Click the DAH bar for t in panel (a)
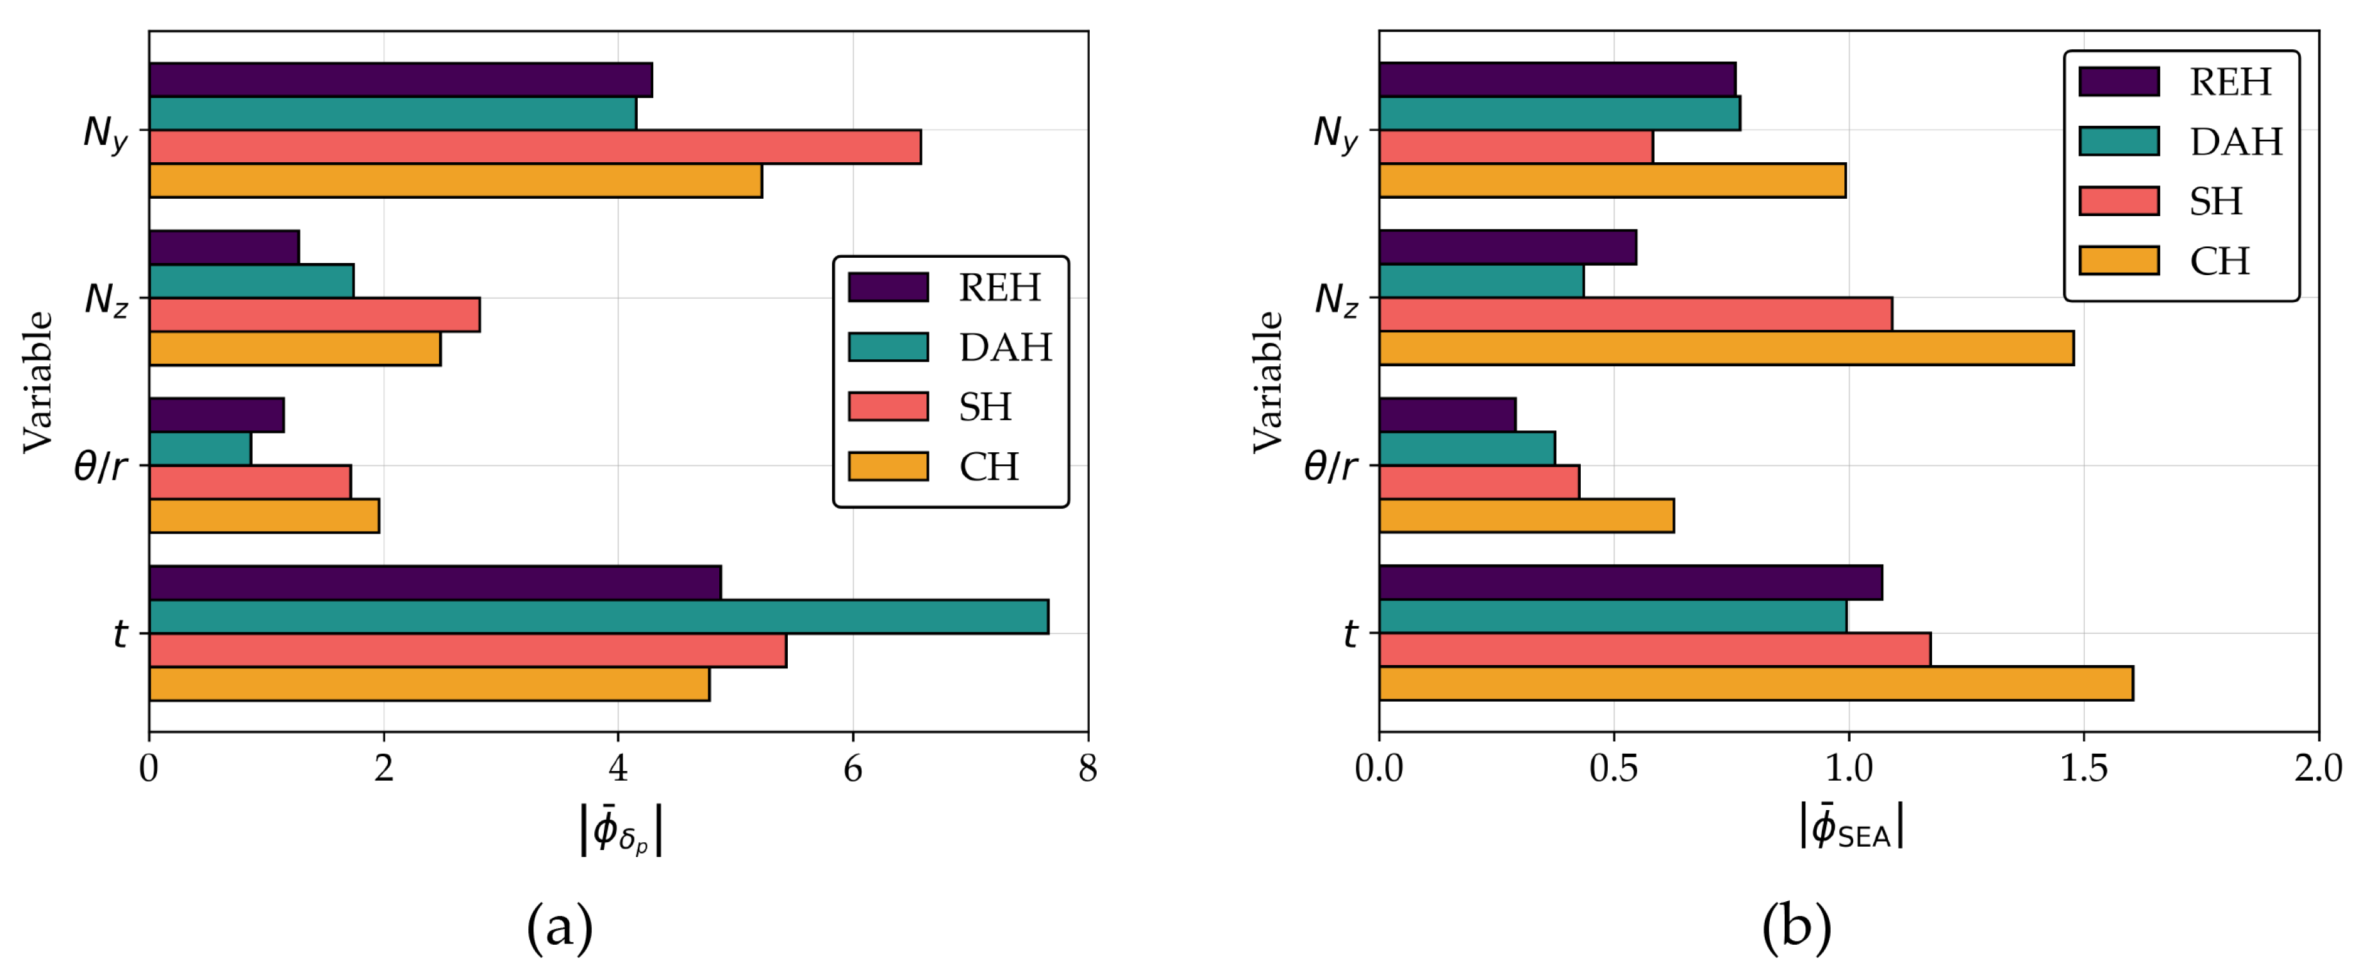pyautogui.click(x=598, y=616)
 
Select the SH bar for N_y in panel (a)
pyautogui.click(x=535, y=147)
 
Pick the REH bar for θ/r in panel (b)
pyautogui.click(x=1447, y=414)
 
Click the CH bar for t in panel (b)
pyautogui.click(x=1756, y=684)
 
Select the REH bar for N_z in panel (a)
pyautogui.click(x=224, y=248)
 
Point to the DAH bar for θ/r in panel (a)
pyautogui.click(x=199, y=449)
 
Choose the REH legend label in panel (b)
pyautogui.click(x=2230, y=83)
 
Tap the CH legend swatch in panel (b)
pyautogui.click(x=2118, y=260)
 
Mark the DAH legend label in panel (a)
pyautogui.click(x=1004, y=347)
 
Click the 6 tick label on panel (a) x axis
pyautogui.click(x=853, y=768)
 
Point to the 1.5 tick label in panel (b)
pyautogui.click(x=2083, y=768)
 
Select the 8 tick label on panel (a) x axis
pyautogui.click(x=1087, y=768)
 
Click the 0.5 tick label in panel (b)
pyautogui.click(x=1613, y=768)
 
